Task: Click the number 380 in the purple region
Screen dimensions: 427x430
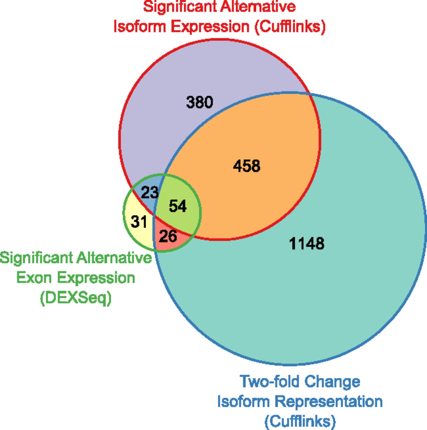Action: coord(199,102)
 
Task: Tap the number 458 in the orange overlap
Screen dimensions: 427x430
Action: coord(247,166)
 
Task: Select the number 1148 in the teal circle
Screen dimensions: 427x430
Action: coord(307,243)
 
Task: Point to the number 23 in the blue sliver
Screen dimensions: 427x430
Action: coord(150,192)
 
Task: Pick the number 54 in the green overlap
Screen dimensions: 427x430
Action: coord(178,206)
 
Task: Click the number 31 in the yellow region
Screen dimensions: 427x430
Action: coord(139,222)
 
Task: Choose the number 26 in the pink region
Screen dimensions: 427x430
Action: coord(168,236)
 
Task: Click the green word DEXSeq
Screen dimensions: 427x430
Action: coord(76,298)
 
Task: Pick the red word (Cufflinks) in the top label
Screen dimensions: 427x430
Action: coord(290,27)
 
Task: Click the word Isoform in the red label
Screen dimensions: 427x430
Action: coord(140,26)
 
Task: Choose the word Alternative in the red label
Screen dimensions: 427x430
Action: coord(258,7)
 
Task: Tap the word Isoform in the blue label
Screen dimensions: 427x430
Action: coord(243,402)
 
